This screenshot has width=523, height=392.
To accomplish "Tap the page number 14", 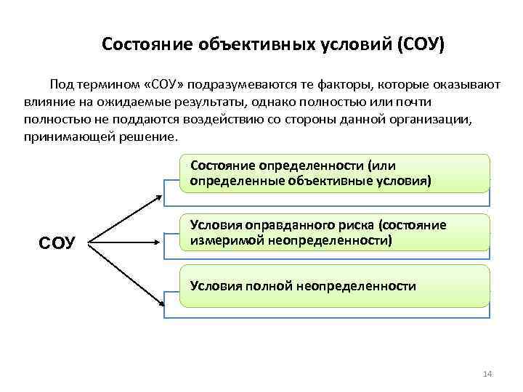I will tap(487, 374).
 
